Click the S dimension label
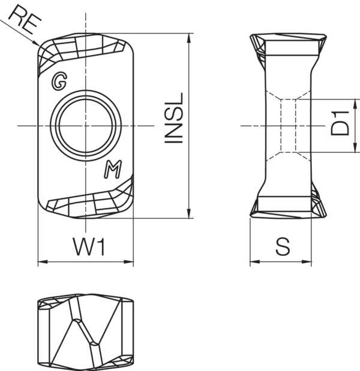(x=281, y=246)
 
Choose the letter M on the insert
(x=112, y=170)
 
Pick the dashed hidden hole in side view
(x=287, y=126)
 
